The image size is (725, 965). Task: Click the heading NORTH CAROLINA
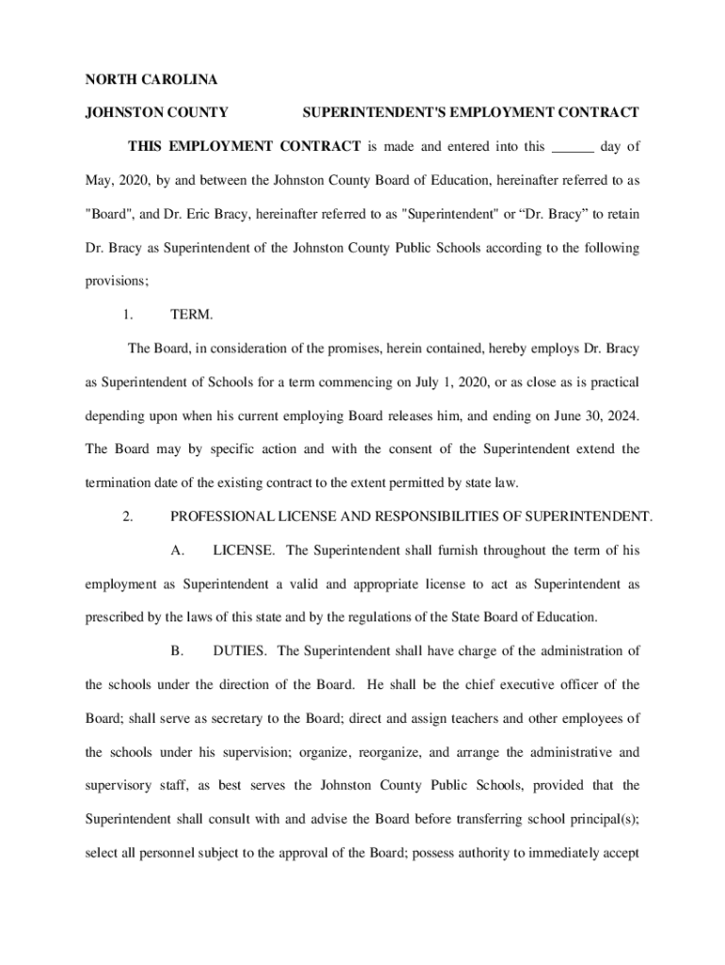coord(152,80)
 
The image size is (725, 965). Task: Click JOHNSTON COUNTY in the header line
coord(157,113)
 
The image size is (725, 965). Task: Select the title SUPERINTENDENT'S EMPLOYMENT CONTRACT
coord(471,113)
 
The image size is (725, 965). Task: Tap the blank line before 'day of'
coord(572,147)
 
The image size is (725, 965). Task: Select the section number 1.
coord(131,315)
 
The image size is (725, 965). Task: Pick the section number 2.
coord(131,516)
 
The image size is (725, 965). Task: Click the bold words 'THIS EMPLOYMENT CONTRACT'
coord(244,147)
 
